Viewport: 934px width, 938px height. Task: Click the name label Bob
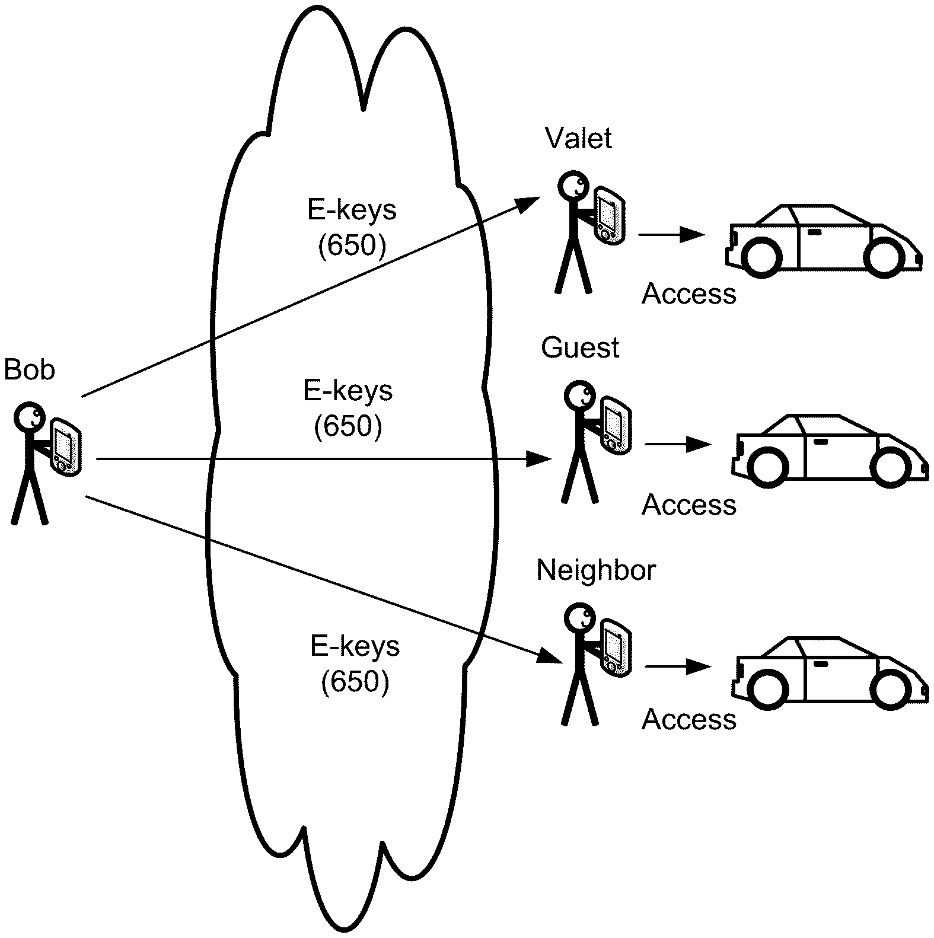click(29, 370)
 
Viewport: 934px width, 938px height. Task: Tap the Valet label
click(578, 138)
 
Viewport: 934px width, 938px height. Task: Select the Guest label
click(579, 347)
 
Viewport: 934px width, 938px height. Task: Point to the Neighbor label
click(595, 570)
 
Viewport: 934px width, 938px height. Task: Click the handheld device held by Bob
click(65, 446)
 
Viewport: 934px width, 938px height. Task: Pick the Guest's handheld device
click(614, 426)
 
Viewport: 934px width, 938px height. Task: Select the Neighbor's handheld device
click(614, 648)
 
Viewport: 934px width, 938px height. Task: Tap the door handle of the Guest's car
click(821, 442)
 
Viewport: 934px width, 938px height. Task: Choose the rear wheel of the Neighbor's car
click(769, 688)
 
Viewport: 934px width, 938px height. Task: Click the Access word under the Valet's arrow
click(688, 294)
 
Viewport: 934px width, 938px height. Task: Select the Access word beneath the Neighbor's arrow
click(688, 719)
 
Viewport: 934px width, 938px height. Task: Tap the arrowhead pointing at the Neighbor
click(549, 658)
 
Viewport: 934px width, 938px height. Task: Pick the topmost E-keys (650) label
click(352, 228)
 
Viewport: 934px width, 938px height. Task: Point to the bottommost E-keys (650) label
click(355, 664)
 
